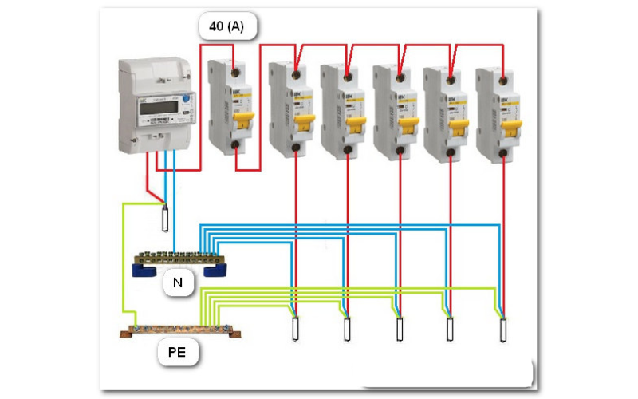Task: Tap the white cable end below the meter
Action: point(164,218)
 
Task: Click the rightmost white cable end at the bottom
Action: point(502,330)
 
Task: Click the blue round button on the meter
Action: point(186,98)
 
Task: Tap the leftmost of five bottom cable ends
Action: point(294,330)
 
